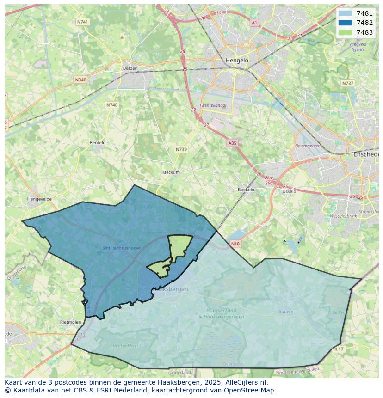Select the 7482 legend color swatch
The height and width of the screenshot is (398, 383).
pyautogui.click(x=345, y=23)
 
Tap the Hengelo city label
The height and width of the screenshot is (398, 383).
pyautogui.click(x=237, y=61)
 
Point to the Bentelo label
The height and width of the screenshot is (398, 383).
pyautogui.click(x=97, y=143)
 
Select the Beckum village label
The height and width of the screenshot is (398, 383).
pyautogui.click(x=171, y=172)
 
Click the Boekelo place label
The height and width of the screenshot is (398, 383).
pyautogui.click(x=246, y=190)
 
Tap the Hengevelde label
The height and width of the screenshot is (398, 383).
pyautogui.click(x=39, y=199)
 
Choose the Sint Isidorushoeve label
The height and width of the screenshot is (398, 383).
pyautogui.click(x=121, y=248)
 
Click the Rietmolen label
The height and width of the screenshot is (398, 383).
pyautogui.click(x=70, y=322)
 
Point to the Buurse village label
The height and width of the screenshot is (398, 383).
pyautogui.click(x=285, y=312)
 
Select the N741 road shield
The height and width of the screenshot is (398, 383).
pyautogui.click(x=83, y=22)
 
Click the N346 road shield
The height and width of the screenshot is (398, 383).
pyautogui.click(x=80, y=80)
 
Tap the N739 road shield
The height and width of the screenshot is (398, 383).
pyautogui.click(x=181, y=149)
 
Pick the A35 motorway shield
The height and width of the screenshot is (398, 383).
pyautogui.click(x=232, y=143)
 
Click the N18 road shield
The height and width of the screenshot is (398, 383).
pyautogui.click(x=235, y=244)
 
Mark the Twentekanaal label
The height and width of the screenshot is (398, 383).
pyautogui.click(x=213, y=105)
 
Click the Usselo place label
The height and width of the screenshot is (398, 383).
pyautogui.click(x=289, y=191)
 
